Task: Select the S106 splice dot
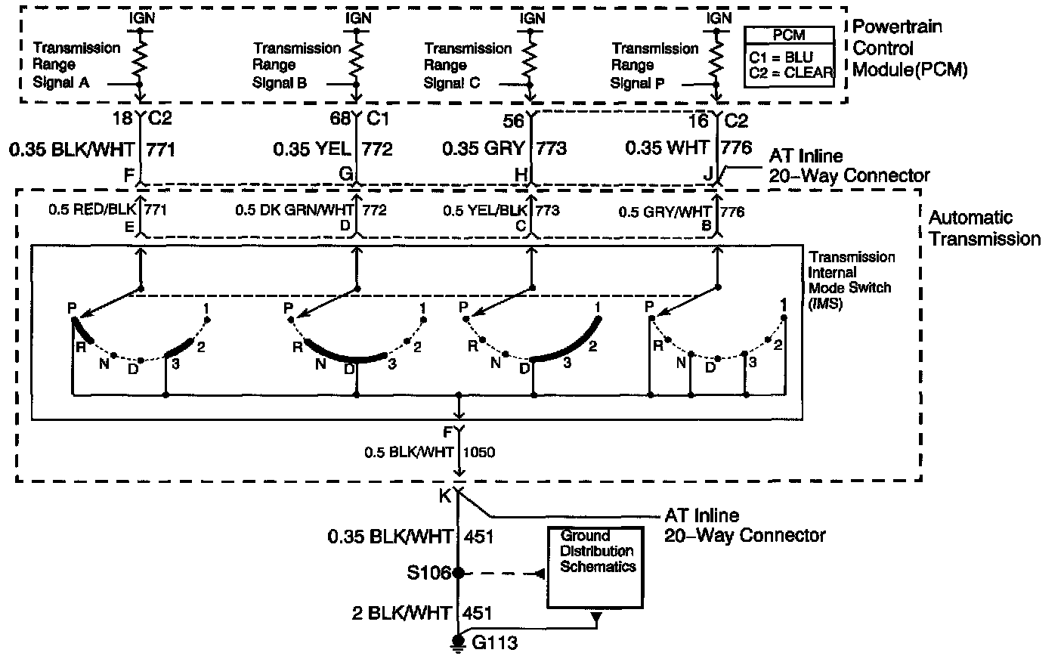[x=457, y=574]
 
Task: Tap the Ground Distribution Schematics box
[x=597, y=566]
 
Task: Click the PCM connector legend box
[x=789, y=55]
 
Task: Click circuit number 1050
[x=479, y=452]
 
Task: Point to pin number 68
[x=340, y=119]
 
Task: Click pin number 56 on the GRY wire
[x=513, y=120]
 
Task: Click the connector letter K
[x=444, y=497]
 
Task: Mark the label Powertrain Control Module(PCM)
[x=909, y=48]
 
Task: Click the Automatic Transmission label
[x=983, y=228]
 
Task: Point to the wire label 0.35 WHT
[x=667, y=148]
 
